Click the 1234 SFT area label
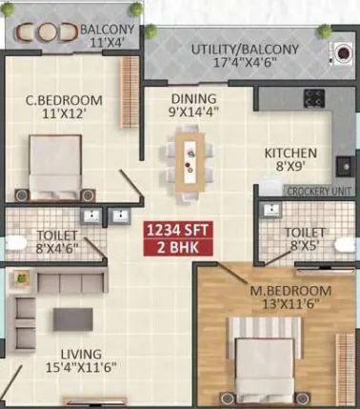click(174, 230)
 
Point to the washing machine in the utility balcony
click(339, 51)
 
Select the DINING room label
click(193, 98)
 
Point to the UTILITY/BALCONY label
click(245, 49)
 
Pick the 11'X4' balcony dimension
click(106, 43)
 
